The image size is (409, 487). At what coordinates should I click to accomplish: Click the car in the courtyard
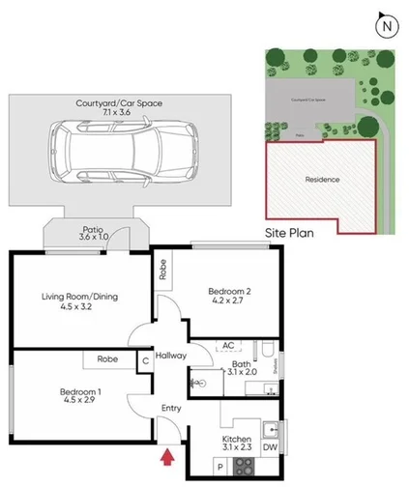point(124,157)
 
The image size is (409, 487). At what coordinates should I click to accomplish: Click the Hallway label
point(170,356)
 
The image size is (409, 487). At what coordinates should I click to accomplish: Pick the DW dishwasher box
point(275,447)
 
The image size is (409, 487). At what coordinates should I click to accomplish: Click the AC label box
point(229,345)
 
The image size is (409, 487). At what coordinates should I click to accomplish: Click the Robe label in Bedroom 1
point(106,358)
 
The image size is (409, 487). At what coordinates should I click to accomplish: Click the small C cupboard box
point(145,362)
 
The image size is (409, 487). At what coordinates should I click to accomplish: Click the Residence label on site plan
point(323,179)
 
